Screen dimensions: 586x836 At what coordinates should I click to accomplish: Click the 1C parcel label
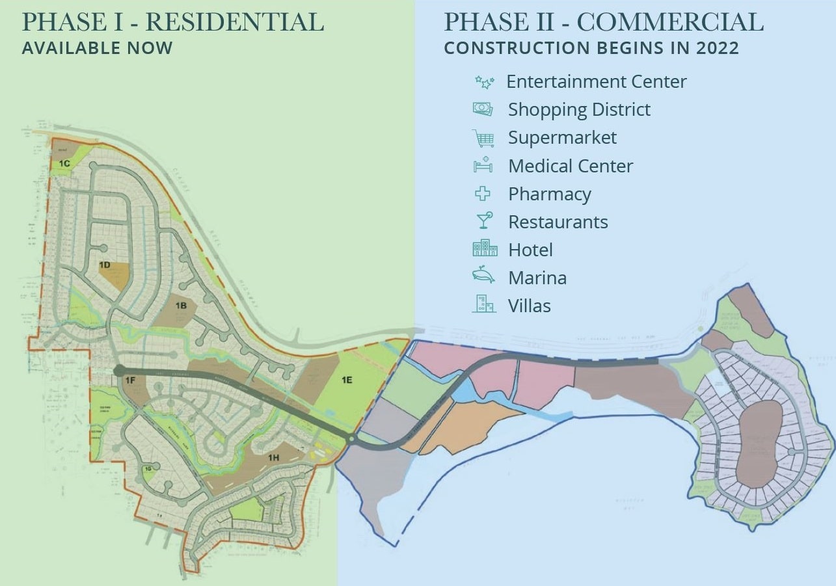(64, 164)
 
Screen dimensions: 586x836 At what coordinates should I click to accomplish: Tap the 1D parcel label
(105, 265)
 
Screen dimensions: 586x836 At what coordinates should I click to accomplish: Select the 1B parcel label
(181, 304)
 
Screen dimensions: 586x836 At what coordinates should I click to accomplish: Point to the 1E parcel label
(346, 379)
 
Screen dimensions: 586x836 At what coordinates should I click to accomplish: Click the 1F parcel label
(130, 379)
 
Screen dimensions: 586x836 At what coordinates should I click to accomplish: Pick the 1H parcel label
(273, 458)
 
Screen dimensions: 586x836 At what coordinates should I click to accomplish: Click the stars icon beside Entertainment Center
(484, 83)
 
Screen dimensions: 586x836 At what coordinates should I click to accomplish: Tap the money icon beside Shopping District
(483, 109)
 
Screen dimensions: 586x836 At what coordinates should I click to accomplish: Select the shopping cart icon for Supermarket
(483, 138)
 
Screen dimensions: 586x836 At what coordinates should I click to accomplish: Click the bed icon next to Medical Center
(483, 165)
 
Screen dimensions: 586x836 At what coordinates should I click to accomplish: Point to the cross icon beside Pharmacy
(483, 194)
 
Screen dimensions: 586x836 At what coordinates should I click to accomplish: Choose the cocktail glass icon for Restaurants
(484, 221)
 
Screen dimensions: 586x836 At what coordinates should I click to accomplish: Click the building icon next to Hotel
(485, 249)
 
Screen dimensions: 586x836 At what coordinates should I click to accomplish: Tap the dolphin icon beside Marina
(483, 276)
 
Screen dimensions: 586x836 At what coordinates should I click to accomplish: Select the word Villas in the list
(530, 306)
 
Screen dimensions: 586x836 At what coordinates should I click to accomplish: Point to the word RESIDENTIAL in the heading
(234, 22)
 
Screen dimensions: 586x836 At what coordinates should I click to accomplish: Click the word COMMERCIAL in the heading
(670, 22)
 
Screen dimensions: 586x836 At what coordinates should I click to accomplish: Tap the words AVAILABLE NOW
(98, 48)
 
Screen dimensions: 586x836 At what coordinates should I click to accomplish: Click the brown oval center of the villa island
(759, 444)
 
